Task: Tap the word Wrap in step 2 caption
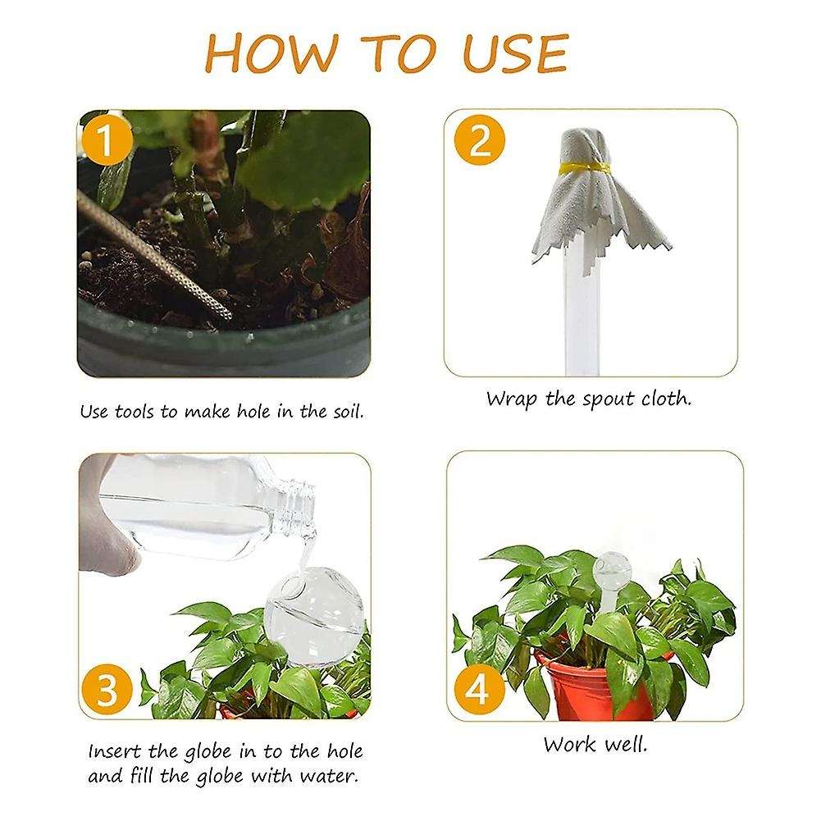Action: tap(509, 399)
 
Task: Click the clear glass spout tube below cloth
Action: tap(583, 312)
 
